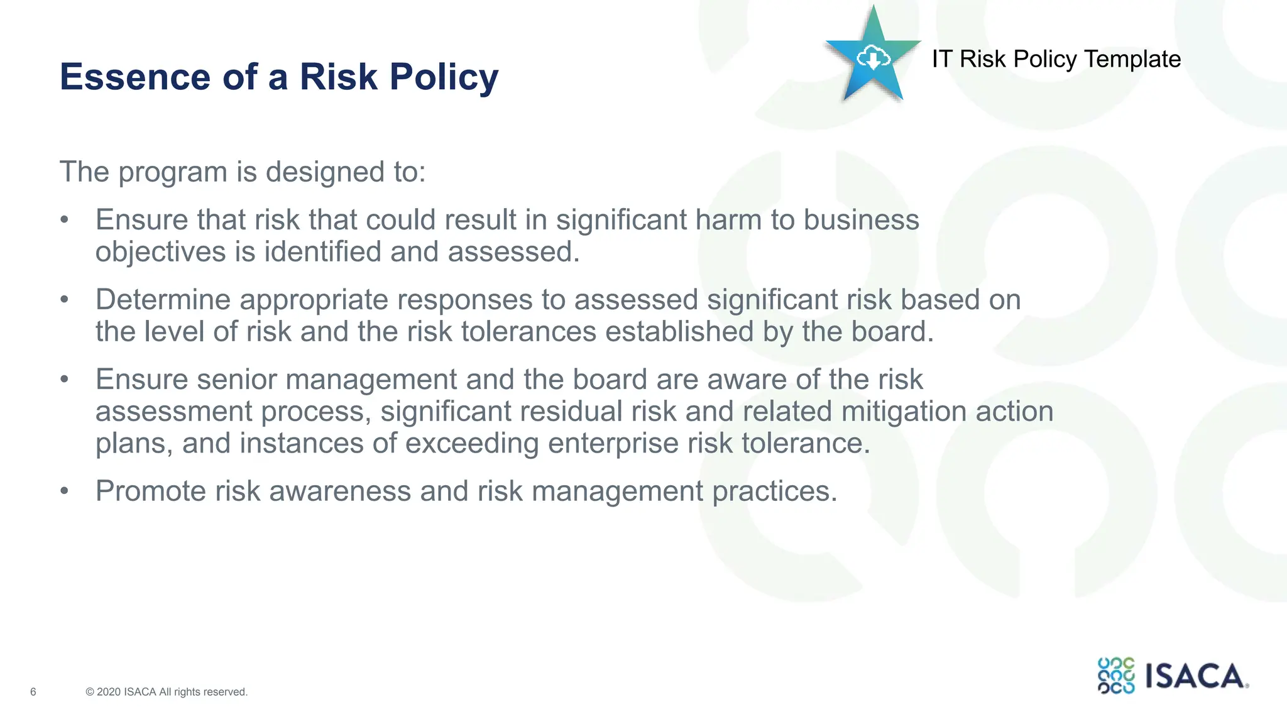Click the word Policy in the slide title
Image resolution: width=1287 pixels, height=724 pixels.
click(444, 78)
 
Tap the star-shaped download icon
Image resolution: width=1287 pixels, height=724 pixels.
click(873, 57)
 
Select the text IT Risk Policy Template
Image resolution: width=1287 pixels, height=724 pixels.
click(1056, 59)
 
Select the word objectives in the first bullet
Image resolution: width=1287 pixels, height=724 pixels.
click(160, 252)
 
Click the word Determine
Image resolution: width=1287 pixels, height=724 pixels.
click(162, 300)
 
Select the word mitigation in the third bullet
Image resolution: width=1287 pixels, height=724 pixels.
click(904, 412)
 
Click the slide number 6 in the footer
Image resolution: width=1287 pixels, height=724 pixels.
click(33, 692)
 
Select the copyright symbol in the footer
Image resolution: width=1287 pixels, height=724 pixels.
click(90, 692)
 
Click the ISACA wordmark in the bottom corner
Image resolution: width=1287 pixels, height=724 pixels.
click(1195, 676)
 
